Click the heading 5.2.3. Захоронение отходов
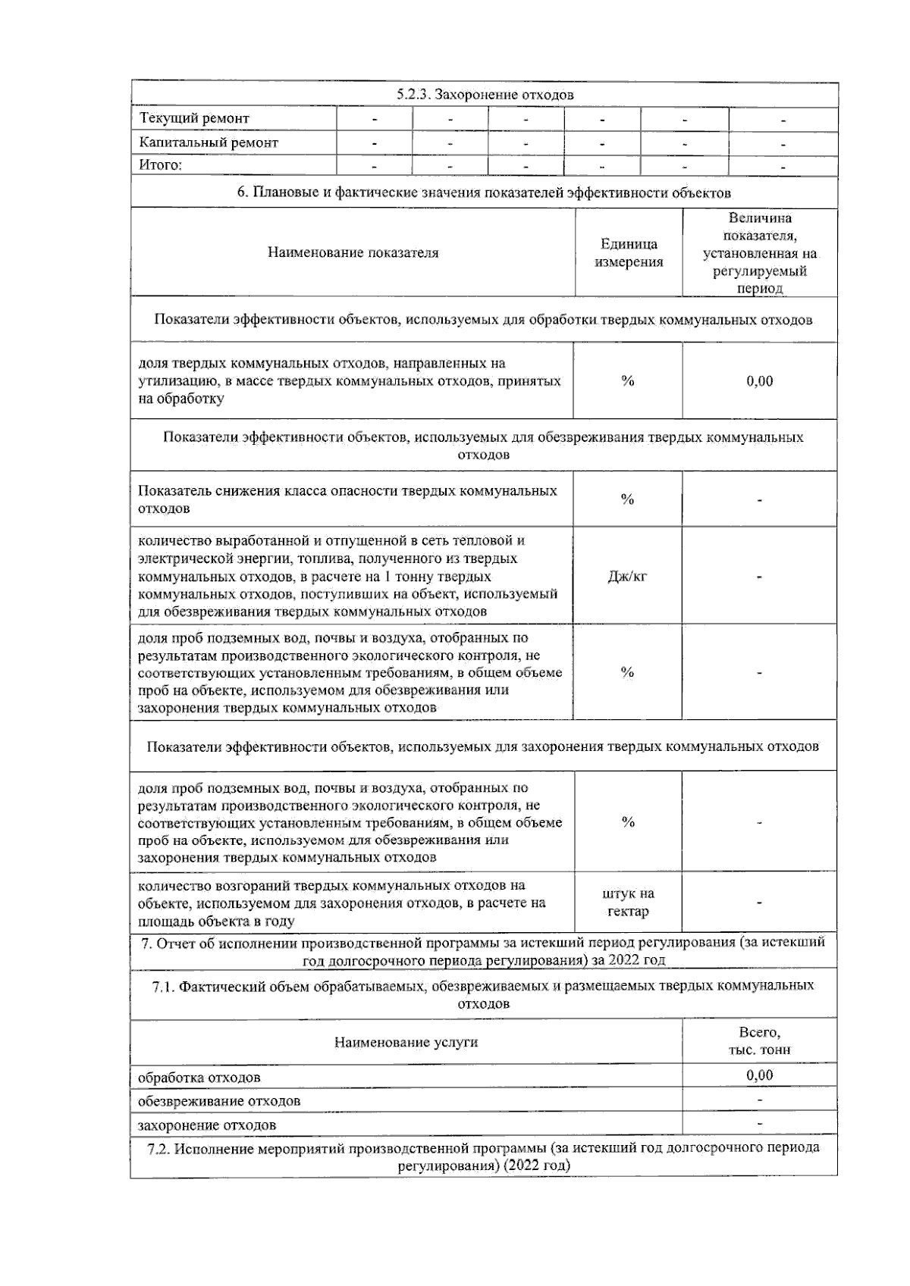pyautogui.click(x=485, y=95)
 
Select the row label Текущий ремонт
pyautogui.click(x=194, y=118)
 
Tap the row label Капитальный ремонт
pyautogui.click(x=209, y=142)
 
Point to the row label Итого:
pyautogui.click(x=161, y=165)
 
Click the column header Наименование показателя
pyautogui.click(x=353, y=253)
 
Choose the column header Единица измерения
pyautogui.click(x=629, y=253)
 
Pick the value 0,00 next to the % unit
pyautogui.click(x=759, y=381)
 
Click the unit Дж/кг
pyautogui.click(x=627, y=577)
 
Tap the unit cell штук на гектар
pyautogui.click(x=628, y=903)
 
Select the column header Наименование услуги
pyautogui.click(x=406, y=1043)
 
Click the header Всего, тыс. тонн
pyautogui.click(x=759, y=1041)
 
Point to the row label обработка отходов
pyautogui.click(x=199, y=1077)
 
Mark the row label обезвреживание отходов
pyautogui.click(x=219, y=1101)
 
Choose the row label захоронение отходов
pyautogui.click(x=207, y=1125)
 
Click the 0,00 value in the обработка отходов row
pyautogui.click(x=759, y=1075)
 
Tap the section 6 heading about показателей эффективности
pyautogui.click(x=484, y=192)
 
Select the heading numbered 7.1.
pyautogui.click(x=484, y=994)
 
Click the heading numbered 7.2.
pyautogui.click(x=484, y=1156)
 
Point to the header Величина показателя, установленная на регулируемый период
pyautogui.click(x=759, y=253)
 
